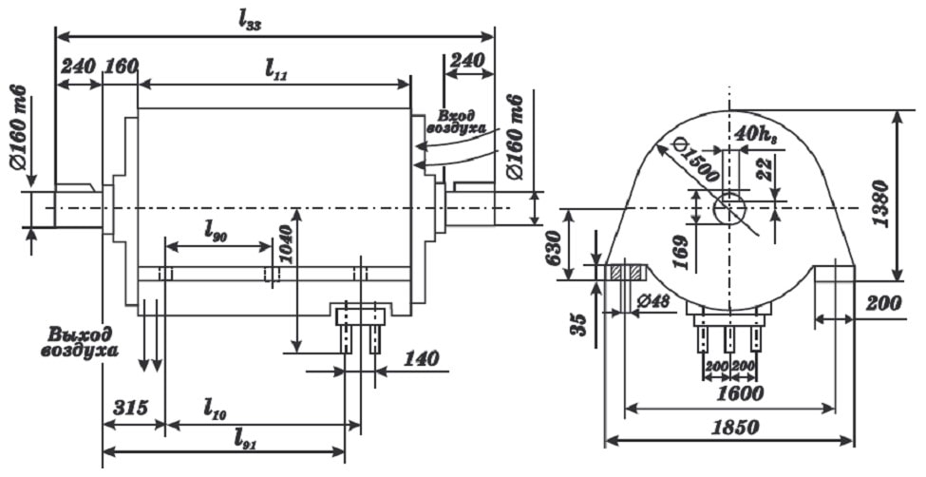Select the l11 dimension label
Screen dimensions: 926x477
tap(275, 71)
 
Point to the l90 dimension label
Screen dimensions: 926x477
tap(217, 232)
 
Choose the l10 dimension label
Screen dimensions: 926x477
tap(216, 409)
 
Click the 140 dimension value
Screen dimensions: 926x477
tap(421, 357)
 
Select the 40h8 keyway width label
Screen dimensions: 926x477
tap(758, 134)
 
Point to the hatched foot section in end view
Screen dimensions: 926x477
tap(626, 272)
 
